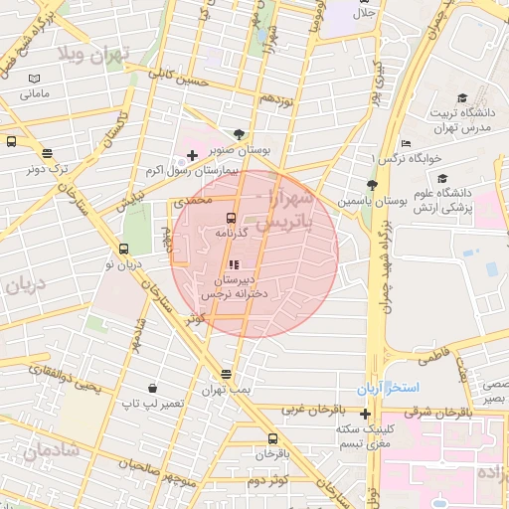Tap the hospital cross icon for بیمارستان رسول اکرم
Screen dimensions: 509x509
pyautogui.click(x=192, y=155)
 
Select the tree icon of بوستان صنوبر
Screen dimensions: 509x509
pyautogui.click(x=238, y=134)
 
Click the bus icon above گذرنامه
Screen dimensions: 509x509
pyautogui.click(x=231, y=218)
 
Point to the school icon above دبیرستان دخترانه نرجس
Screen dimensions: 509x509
pyautogui.click(x=234, y=265)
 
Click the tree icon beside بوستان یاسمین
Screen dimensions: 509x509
pyautogui.click(x=372, y=185)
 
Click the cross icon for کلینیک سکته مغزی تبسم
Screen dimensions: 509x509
pyautogui.click(x=366, y=414)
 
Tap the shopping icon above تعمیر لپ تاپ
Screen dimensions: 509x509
pyautogui.click(x=151, y=388)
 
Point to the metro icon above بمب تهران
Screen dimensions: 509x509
pyautogui.click(x=227, y=374)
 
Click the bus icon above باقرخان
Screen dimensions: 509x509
pyautogui.click(x=272, y=438)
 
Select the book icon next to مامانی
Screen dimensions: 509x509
pyautogui.click(x=36, y=79)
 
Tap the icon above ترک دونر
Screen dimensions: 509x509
pyautogui.click(x=47, y=152)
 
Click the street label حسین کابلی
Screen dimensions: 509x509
pyautogui.click(x=179, y=76)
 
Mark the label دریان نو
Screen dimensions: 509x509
pyautogui.click(x=124, y=264)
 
